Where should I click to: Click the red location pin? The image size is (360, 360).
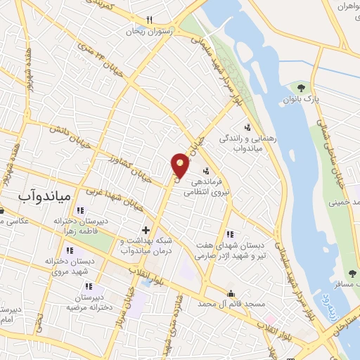(x=181, y=165)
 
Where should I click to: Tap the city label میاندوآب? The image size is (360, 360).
(x=43, y=199)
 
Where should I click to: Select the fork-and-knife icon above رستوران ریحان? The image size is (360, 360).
(x=150, y=20)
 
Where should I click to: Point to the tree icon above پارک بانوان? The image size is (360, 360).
(x=301, y=88)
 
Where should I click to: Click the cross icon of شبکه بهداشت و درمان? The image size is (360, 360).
(x=146, y=230)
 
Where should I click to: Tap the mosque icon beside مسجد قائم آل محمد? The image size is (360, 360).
(x=230, y=293)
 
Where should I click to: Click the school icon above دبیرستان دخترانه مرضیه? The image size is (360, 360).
(x=89, y=286)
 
